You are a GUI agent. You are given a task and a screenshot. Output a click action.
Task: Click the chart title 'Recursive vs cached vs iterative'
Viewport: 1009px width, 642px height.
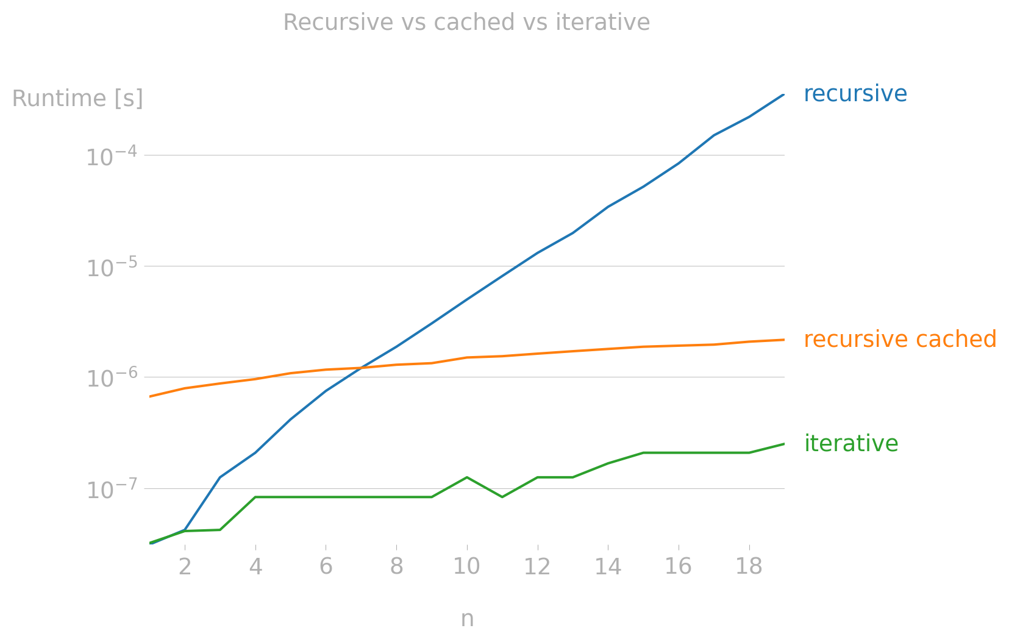click(466, 23)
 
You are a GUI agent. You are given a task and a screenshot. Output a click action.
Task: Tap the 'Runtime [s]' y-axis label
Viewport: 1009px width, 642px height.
click(77, 99)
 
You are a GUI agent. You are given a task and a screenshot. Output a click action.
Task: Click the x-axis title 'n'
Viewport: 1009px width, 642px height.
click(467, 619)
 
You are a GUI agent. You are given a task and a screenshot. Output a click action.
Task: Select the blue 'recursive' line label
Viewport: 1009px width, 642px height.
click(855, 94)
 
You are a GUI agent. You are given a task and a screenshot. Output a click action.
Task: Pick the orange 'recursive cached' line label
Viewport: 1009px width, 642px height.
click(900, 340)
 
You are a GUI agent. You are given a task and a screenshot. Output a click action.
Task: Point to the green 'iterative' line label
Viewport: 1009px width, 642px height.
click(850, 444)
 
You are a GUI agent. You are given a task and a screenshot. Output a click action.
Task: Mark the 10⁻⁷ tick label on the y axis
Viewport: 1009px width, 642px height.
click(110, 490)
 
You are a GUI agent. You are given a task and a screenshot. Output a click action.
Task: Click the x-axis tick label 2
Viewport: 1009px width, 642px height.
click(185, 567)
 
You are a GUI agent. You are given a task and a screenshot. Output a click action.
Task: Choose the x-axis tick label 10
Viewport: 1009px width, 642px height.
click(466, 567)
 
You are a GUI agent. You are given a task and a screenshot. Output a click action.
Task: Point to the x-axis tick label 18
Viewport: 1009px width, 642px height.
click(749, 567)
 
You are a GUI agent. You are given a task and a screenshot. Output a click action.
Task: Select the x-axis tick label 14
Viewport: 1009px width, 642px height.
click(608, 567)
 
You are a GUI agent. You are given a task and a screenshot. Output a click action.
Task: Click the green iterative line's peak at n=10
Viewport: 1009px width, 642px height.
click(466, 477)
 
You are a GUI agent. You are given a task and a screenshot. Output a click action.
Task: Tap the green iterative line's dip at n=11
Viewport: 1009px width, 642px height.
click(502, 497)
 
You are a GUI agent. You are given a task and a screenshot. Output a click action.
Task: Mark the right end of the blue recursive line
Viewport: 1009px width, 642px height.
click(783, 95)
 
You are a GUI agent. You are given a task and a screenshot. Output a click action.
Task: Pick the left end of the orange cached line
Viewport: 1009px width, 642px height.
click(150, 396)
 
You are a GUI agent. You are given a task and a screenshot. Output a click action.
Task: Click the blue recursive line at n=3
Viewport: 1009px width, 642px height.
click(219, 477)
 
